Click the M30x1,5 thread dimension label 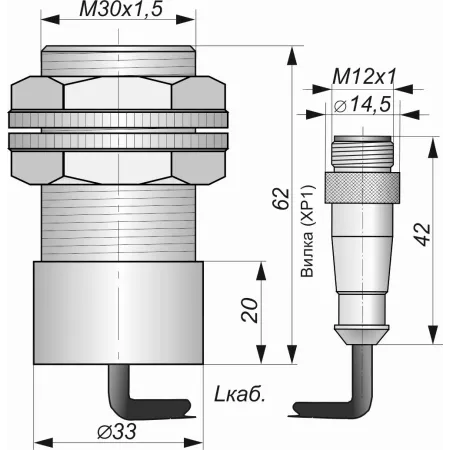(x=121, y=9)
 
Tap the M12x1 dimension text (x=364, y=77)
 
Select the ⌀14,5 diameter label (x=362, y=105)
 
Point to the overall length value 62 (x=281, y=199)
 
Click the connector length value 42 (x=423, y=235)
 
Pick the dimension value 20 (x=250, y=310)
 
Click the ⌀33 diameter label (x=117, y=432)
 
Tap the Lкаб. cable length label (x=239, y=395)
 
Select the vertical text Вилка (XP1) (x=307, y=231)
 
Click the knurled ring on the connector (x=362, y=188)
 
